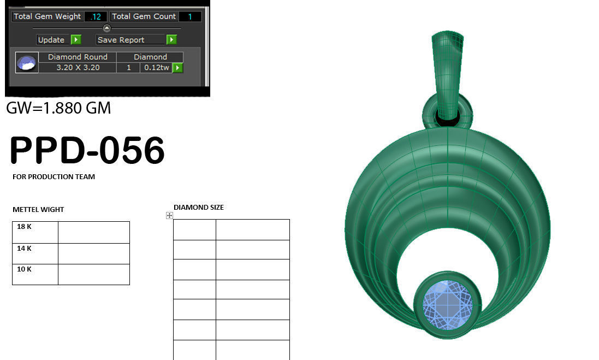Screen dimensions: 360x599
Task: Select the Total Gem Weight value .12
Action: point(96,16)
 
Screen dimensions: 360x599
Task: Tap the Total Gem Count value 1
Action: point(190,16)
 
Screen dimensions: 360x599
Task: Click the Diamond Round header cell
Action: point(78,57)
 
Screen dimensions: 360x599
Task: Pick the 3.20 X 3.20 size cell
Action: point(78,68)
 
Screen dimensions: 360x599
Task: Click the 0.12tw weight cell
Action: point(156,68)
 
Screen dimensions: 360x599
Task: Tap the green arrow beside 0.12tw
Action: point(177,68)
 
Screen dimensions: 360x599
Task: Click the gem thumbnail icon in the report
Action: point(26,63)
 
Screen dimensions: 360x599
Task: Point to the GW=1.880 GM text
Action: point(58,108)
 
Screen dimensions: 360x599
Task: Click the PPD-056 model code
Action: point(87,150)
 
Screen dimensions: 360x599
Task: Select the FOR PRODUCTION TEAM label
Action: point(54,177)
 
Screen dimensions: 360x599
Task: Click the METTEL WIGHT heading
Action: point(38,209)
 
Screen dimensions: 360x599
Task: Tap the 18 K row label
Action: point(25,226)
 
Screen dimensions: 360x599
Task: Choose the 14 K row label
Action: point(25,248)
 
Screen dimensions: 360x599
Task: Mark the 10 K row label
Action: point(25,269)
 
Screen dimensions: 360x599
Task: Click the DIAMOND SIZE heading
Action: point(198,208)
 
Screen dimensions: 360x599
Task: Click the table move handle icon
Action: point(169,216)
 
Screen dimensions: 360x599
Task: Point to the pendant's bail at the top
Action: point(448,71)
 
